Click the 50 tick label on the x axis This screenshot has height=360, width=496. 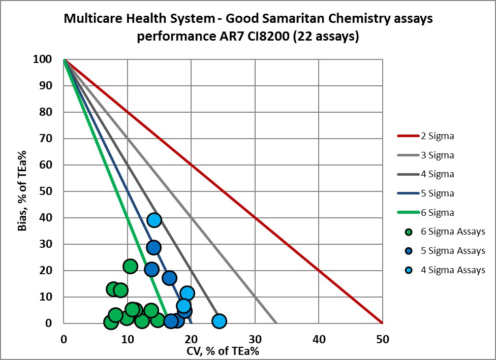click(382, 338)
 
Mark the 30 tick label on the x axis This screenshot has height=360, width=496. click(255, 338)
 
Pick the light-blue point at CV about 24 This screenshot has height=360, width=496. click(219, 321)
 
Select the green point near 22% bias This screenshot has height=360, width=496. click(130, 266)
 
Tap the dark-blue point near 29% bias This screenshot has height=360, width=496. click(153, 247)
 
